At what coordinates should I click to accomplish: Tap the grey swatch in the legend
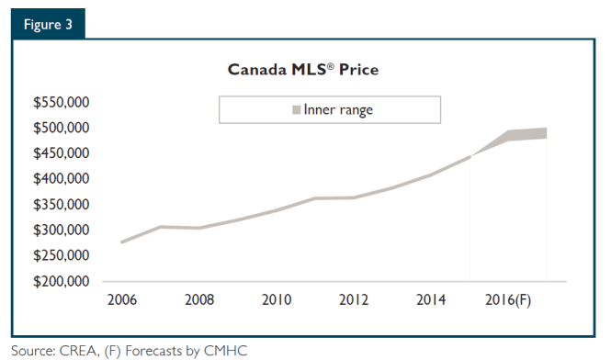click(x=296, y=110)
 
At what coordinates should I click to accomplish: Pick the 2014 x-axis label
click(x=431, y=299)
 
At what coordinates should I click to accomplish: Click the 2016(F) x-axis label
click(x=508, y=299)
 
